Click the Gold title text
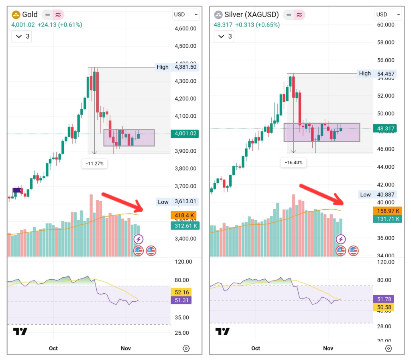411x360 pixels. tap(30, 15)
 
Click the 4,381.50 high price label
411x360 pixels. tap(186, 67)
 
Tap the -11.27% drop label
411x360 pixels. tap(94, 164)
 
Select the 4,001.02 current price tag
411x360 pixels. tap(184, 133)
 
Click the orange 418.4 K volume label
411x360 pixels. tap(184, 215)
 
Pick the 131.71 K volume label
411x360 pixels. tap(387, 219)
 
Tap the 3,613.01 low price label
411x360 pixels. tap(185, 202)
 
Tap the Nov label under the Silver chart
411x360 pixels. tap(328, 348)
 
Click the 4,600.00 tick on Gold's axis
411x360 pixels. tap(185, 29)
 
